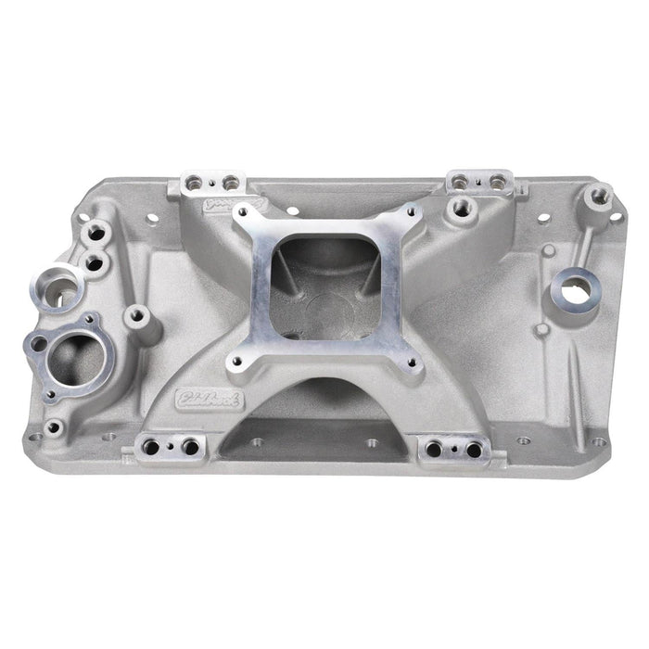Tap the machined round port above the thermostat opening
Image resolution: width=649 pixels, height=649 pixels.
[59, 285]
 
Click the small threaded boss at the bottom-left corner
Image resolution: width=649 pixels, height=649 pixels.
[56, 427]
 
